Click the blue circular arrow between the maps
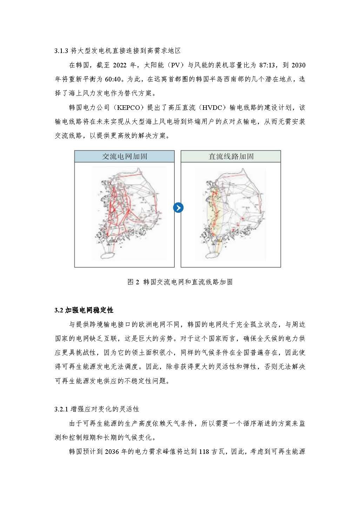pos(178,208)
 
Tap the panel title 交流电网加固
pos(124,157)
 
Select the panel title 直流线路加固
pos(231,157)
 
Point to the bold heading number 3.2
pos(59,310)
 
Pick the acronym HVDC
pos(212,107)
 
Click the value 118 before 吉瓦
pos(204,452)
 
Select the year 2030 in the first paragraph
pos(298,65)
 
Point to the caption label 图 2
pos(133,282)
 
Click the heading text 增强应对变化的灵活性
pos(105,409)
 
